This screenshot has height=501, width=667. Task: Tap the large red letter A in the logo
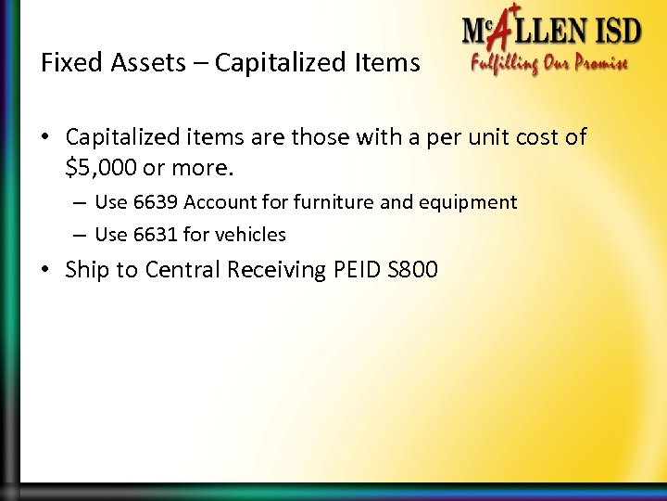pos(497,37)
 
